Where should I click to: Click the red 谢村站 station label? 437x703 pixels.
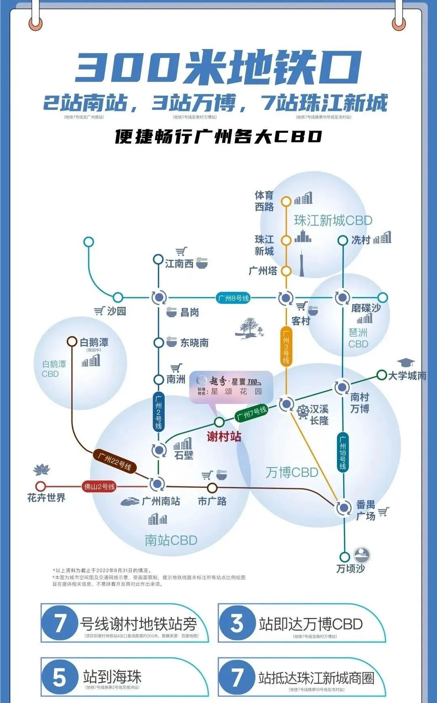tap(224, 436)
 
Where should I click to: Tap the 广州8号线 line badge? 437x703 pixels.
tap(233, 298)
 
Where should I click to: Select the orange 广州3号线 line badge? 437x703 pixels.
tap(286, 347)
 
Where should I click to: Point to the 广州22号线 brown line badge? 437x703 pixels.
tap(115, 461)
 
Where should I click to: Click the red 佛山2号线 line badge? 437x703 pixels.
tap(100, 487)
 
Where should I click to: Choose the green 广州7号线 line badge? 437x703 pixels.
tap(252, 414)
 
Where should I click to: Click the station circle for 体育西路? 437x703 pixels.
tap(286, 201)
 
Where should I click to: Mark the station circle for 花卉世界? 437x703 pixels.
tap(40, 486)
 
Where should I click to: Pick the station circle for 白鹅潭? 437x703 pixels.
tap(72, 342)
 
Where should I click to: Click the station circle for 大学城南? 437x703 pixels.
tap(381, 375)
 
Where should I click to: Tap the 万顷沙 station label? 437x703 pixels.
tap(350, 568)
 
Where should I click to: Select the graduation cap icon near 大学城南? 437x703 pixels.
tap(405, 362)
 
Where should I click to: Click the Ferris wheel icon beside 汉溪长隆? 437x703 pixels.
tap(303, 412)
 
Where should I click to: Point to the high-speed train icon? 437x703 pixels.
tap(130, 501)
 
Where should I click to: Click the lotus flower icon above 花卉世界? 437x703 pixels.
tap(41, 470)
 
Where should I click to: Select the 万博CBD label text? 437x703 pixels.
tap(292, 472)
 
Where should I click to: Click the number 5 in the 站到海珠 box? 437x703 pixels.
tap(59, 677)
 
